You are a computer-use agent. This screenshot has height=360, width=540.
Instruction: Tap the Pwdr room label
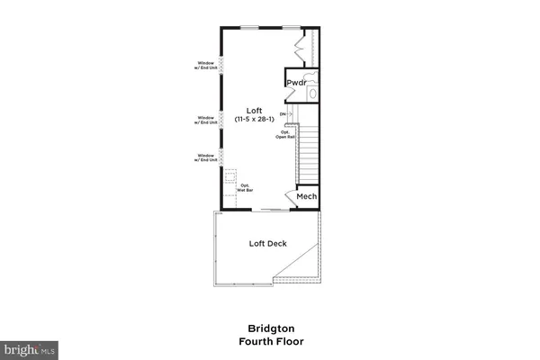(297, 83)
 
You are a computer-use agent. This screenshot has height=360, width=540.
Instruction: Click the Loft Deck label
(267, 243)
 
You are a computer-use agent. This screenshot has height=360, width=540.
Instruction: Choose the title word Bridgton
(270, 328)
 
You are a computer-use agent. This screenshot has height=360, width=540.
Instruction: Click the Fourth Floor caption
(270, 341)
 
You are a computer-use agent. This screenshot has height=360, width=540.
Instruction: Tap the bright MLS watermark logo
(29, 347)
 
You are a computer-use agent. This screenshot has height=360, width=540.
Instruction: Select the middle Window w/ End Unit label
(206, 120)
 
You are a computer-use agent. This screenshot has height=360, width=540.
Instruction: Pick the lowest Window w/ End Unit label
(206, 158)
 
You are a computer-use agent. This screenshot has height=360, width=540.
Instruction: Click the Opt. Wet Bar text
(244, 189)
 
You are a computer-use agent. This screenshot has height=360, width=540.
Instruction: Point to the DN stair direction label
(283, 114)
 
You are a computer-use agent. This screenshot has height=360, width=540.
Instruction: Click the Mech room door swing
(291, 198)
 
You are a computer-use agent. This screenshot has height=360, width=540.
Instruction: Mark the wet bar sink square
(230, 176)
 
